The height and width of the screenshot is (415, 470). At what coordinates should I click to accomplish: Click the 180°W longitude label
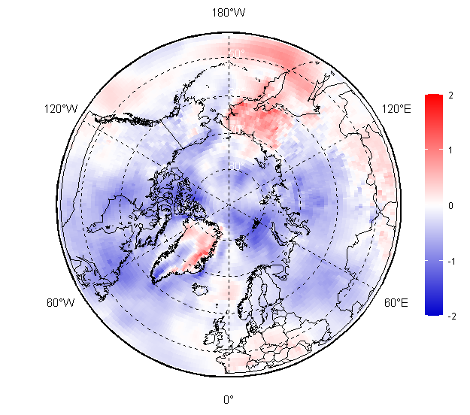coord(228,13)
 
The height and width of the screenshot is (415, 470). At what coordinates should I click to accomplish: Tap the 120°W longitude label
coord(61,110)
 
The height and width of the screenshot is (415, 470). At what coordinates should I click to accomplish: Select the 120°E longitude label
coord(396,110)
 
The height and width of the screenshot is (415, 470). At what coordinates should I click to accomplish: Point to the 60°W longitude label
coord(60,303)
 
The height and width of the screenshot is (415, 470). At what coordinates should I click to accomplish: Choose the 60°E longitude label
coord(396,303)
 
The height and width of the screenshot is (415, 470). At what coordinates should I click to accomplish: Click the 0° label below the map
coord(228,399)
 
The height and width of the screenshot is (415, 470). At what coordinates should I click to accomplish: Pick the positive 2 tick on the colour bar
coord(450,95)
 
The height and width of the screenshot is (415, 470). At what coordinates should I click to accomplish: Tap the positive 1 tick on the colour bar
coord(450,150)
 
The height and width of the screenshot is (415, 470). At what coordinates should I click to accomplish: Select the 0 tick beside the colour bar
coord(450,205)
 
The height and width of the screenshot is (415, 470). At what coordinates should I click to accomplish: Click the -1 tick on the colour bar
coord(450,261)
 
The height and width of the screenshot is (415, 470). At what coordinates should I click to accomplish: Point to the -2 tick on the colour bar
coord(450,317)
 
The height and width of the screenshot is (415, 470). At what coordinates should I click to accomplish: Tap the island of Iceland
coord(201,287)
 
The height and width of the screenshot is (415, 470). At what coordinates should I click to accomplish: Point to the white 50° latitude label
coord(236,53)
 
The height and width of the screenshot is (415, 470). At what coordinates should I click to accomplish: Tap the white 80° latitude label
coord(236,166)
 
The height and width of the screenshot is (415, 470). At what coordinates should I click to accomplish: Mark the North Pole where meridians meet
coord(228,204)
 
